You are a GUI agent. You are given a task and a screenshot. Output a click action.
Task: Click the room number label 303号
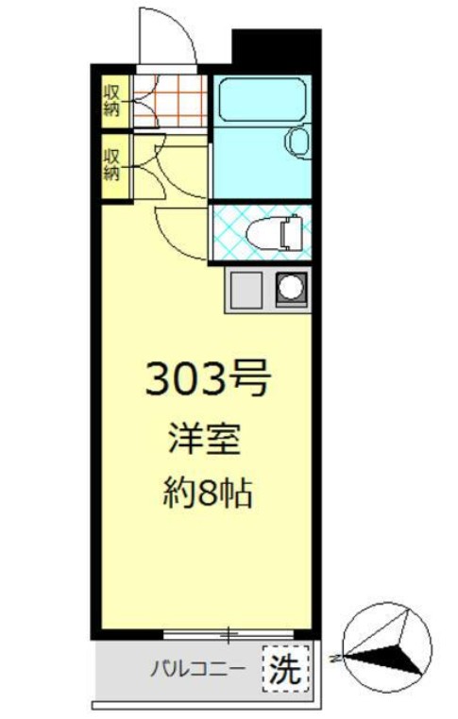tap(208, 379)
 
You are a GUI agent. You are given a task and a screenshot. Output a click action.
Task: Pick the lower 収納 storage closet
tap(111, 164)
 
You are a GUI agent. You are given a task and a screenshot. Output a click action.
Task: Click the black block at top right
tap(276, 47)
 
